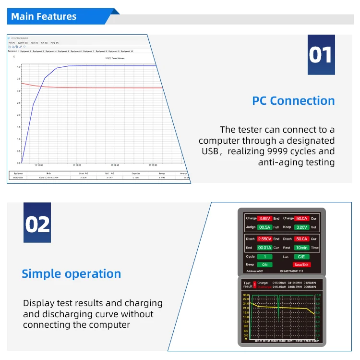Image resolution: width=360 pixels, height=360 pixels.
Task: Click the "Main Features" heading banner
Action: [x=44, y=17]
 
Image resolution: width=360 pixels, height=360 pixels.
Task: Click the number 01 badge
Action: [x=321, y=55]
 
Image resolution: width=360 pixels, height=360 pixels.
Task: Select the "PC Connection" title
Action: [x=293, y=101]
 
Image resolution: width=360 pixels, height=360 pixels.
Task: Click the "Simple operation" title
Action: [x=72, y=274]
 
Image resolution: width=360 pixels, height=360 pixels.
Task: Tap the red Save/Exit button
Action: [x=301, y=265]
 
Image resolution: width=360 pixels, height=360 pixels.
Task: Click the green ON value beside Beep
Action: [x=264, y=265]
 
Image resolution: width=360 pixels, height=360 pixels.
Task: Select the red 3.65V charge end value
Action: [x=264, y=219]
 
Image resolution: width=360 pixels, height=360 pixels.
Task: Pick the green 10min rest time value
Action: [x=301, y=248]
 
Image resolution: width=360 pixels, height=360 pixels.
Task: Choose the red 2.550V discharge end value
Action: [x=264, y=239]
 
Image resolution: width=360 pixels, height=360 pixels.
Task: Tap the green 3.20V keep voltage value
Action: [x=301, y=227]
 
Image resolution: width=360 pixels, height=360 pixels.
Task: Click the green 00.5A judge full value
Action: [x=264, y=227]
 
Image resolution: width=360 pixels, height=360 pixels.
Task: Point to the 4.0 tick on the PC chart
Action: [x=19, y=66]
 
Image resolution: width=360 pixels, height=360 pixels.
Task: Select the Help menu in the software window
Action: [x=54, y=43]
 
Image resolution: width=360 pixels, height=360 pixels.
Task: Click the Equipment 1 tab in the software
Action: [x=13, y=51]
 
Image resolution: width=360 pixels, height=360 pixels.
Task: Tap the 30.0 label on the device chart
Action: [x=246, y=295]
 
